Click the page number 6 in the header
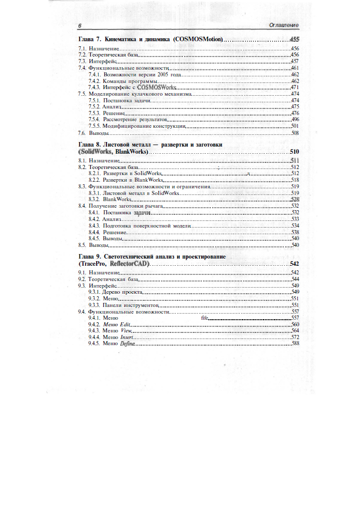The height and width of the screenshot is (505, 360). (x=80, y=25)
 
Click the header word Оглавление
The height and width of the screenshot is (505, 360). (x=283, y=25)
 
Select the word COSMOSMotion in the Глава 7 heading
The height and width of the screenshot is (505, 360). (x=198, y=39)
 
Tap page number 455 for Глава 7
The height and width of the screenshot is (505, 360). (x=294, y=39)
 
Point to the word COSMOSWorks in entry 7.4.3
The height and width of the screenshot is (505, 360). (x=157, y=88)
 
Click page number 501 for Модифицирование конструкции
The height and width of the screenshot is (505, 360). (x=294, y=126)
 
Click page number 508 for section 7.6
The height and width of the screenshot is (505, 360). (x=294, y=132)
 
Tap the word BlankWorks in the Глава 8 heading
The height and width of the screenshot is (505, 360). (x=131, y=152)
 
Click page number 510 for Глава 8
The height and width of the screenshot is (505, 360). (x=294, y=152)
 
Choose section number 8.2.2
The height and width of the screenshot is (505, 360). (x=94, y=180)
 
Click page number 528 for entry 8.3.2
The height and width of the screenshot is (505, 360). (x=294, y=200)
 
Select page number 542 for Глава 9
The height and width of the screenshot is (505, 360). (x=294, y=264)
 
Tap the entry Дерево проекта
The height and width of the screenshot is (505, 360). (x=122, y=292)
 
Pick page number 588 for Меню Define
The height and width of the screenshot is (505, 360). (x=294, y=344)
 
